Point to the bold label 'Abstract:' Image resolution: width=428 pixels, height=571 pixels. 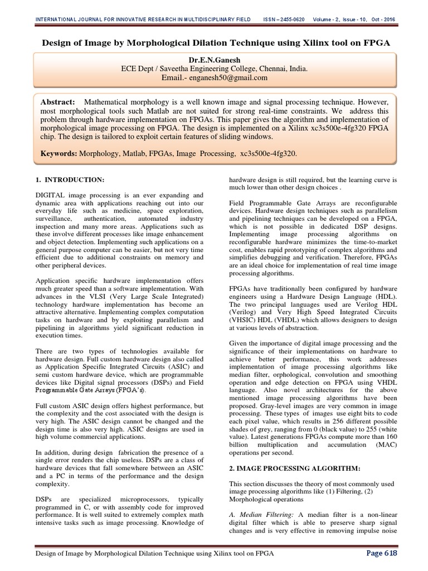click(x=57, y=102)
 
